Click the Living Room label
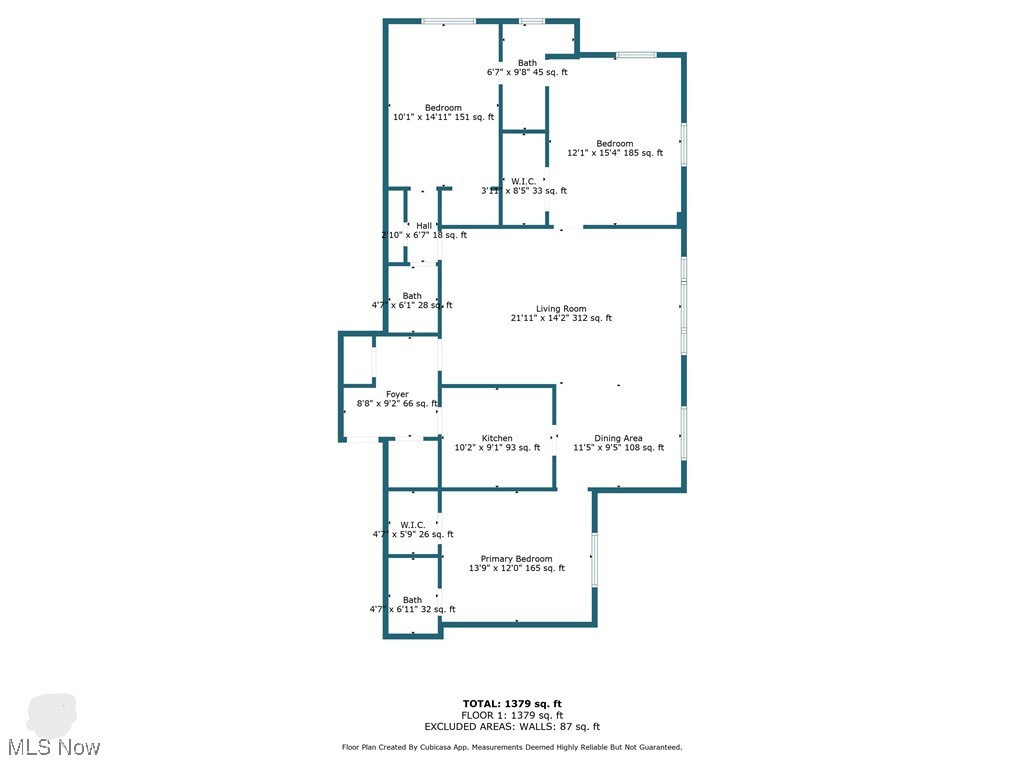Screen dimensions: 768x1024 pyautogui.click(x=561, y=309)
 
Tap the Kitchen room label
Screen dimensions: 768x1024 pyautogui.click(x=497, y=438)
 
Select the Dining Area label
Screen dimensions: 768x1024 pyautogui.click(x=618, y=438)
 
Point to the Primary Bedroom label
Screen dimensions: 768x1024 pyautogui.click(x=516, y=559)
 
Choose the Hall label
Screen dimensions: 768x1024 pyautogui.click(x=424, y=226)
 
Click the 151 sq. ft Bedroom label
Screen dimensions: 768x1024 pyautogui.click(x=443, y=108)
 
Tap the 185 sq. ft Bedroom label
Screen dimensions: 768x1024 pyautogui.click(x=615, y=144)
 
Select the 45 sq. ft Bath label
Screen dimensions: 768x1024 pyautogui.click(x=527, y=63)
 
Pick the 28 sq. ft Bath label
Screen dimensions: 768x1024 pyautogui.click(x=412, y=296)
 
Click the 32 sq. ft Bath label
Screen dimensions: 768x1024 pyautogui.click(x=412, y=600)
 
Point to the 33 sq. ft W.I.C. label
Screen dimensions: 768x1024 pyautogui.click(x=523, y=182)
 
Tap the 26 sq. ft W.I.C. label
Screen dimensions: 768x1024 pyautogui.click(x=413, y=525)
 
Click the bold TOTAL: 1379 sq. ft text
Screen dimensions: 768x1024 pyautogui.click(x=518, y=704)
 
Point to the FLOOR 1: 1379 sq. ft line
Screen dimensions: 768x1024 pyautogui.click(x=518, y=715)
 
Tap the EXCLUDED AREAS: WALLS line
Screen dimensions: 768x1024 pyautogui.click(x=518, y=727)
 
